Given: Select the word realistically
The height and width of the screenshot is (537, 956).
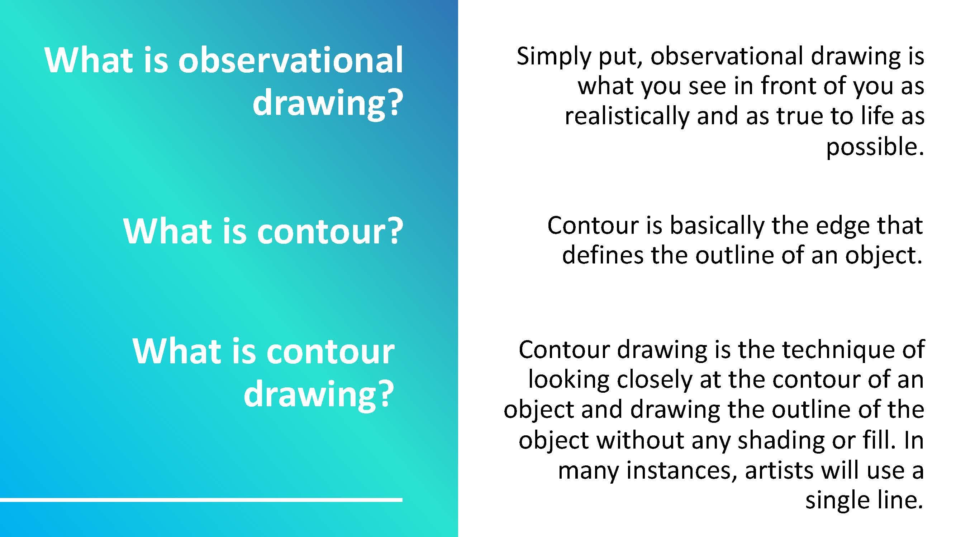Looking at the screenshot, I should point(627,116).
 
